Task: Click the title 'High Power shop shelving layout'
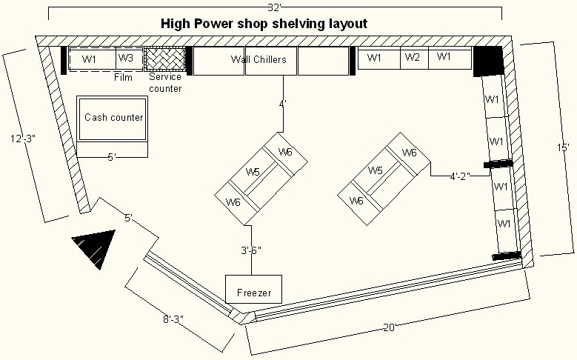pos(264,24)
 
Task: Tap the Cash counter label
pos(113,118)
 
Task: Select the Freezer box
pos(254,293)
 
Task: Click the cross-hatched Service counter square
pos(164,58)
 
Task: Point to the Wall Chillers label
pos(259,59)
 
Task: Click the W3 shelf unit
pos(126,58)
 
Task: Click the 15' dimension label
pos(565,149)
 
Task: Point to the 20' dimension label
pos(390,327)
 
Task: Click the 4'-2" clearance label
pos(463,177)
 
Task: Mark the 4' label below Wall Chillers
pos(282,104)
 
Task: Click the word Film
pos(123,76)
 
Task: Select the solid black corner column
pos(488,60)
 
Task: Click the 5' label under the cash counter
pos(112,156)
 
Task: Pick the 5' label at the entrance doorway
pos(128,218)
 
